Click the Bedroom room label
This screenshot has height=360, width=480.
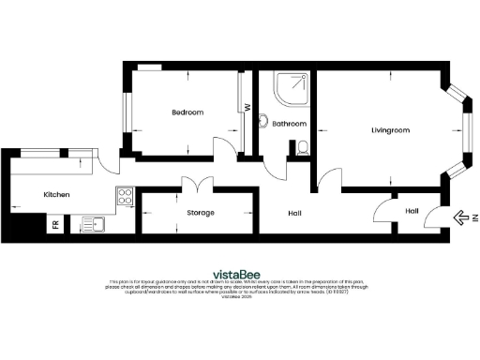(187, 112)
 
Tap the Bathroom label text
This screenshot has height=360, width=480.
(290, 124)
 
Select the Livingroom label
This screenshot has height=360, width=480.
(391, 130)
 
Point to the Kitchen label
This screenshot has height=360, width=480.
(57, 195)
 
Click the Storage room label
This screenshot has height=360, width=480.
(201, 213)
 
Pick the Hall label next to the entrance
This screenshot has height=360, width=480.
(412, 211)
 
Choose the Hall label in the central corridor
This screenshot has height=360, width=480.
(294, 215)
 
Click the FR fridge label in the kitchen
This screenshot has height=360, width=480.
(55, 225)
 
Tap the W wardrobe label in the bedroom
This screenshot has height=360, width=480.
(247, 107)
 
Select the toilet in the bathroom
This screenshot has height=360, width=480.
(301, 147)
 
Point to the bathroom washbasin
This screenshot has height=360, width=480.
(265, 121)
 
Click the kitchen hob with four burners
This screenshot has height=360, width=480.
(124, 197)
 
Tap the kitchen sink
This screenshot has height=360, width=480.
(94, 223)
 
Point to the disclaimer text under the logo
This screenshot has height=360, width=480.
(240, 287)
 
